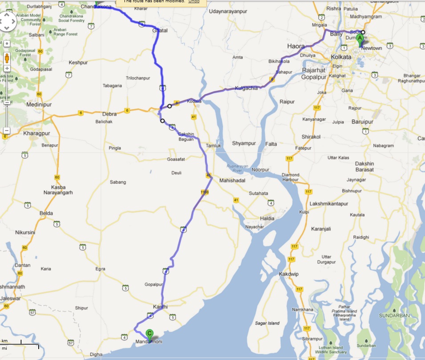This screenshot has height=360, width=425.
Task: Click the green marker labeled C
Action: tap(150, 333)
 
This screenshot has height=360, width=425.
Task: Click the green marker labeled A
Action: tap(360, 39)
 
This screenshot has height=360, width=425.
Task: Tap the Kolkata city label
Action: tap(341, 57)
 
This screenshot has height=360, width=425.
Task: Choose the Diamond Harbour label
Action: tap(291, 177)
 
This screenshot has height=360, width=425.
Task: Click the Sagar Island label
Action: tap(266, 323)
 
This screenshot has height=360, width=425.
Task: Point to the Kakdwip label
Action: tap(289, 274)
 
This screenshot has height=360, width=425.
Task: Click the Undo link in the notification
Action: tap(194, 1)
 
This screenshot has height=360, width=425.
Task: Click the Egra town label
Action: tap(100, 269)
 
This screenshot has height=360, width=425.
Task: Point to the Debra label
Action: tap(109, 114)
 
